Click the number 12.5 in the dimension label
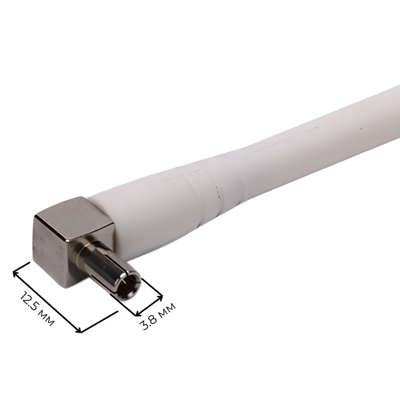(x=30, y=301)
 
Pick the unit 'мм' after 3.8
(x=168, y=309)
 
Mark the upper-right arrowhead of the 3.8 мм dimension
(x=160, y=297)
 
